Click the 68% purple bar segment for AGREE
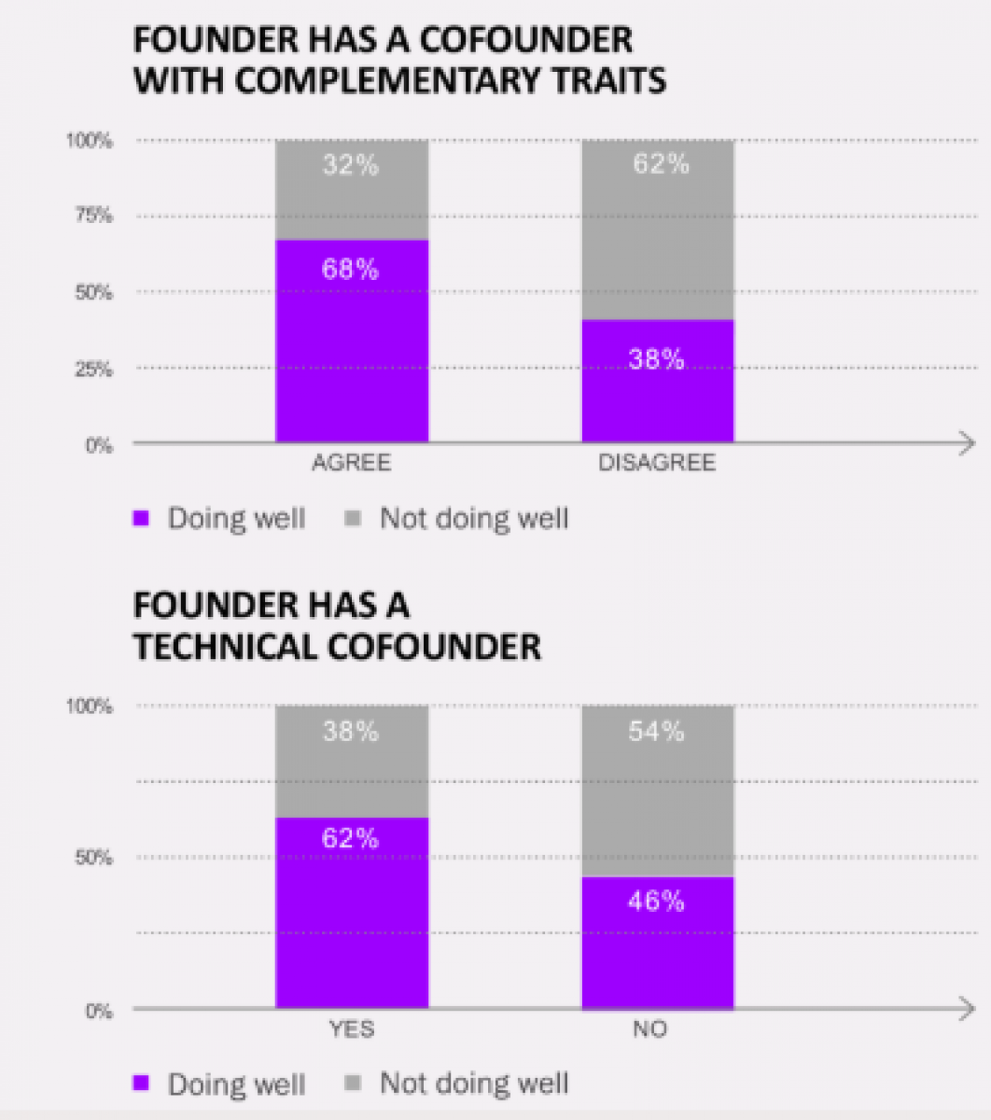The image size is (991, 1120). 352,341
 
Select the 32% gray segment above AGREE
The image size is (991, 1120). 352,190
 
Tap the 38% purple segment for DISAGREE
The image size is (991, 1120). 658,381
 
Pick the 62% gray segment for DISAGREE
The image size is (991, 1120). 658,231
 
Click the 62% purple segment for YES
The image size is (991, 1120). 352,913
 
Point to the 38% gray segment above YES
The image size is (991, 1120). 352,762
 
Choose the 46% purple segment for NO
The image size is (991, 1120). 658,943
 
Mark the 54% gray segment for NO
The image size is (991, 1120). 658,791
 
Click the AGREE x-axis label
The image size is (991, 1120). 352,463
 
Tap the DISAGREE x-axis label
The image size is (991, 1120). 657,463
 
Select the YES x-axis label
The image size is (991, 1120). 352,1029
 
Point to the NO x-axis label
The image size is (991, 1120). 650,1029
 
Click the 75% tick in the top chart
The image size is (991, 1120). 92,216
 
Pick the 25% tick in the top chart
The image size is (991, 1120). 92,369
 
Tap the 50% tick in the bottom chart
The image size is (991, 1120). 93,858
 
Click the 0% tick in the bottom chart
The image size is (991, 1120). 98,1011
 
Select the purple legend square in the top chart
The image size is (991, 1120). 142,518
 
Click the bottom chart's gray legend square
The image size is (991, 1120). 353,1084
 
